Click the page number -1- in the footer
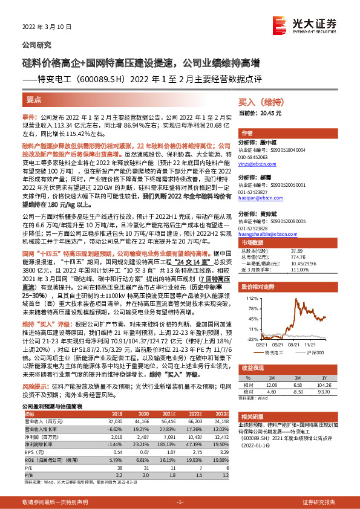tap(180, 502)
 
